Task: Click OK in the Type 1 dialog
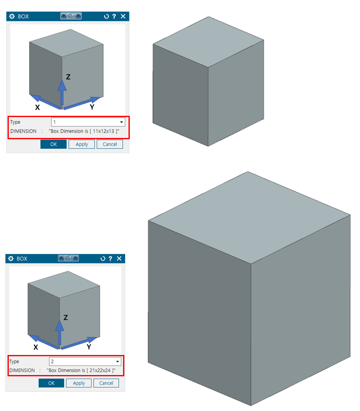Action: coord(53,144)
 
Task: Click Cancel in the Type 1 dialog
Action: coord(110,144)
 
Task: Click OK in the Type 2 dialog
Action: coord(51,383)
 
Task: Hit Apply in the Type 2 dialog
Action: coord(79,383)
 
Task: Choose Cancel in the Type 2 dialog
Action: coord(106,383)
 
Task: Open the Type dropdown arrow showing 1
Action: coord(121,122)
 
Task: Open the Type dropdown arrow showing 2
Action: coord(118,362)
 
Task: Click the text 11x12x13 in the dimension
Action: coord(103,131)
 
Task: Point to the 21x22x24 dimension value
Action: coord(100,370)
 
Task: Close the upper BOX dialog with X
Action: coord(123,16)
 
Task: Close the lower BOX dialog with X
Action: coord(119,258)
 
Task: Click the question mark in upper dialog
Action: coord(114,16)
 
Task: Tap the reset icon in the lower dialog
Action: coord(103,258)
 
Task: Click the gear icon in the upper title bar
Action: coord(12,16)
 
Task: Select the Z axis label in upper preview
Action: coord(68,77)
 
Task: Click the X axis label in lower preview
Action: coord(36,347)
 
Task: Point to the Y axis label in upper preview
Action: coord(92,107)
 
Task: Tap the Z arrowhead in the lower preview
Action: coord(60,325)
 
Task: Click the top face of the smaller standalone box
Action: coord(208,42)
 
